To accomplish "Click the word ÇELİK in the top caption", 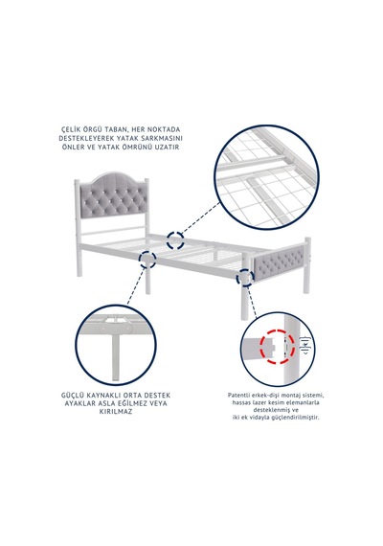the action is click(x=70, y=129).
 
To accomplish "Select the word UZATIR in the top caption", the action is click(x=168, y=147).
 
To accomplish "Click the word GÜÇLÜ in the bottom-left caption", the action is click(x=71, y=396).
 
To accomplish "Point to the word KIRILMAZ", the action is click(x=116, y=412).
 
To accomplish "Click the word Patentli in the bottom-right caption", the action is click(x=237, y=396).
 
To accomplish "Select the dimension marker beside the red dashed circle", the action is click(x=306, y=346).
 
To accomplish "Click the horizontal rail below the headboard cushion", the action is click(x=114, y=231).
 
